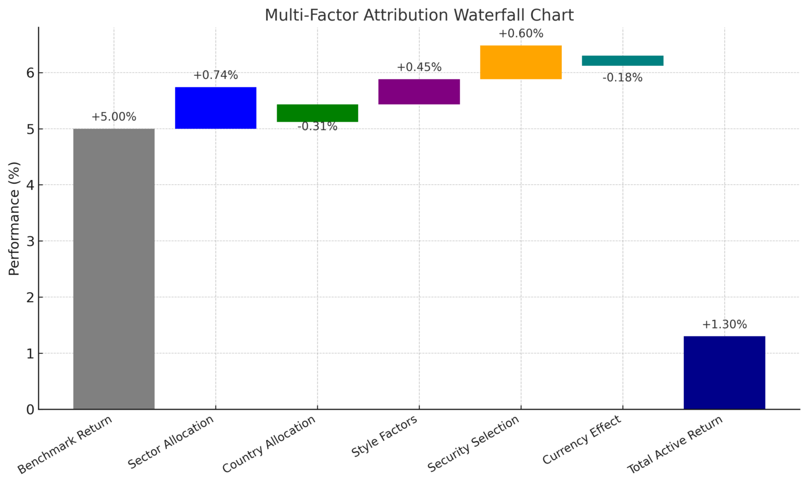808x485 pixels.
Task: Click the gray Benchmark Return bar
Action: coord(114,269)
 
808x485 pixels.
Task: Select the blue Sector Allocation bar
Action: coord(215,107)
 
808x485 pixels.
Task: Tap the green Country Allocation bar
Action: coord(317,113)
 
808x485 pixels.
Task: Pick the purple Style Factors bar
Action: coord(419,92)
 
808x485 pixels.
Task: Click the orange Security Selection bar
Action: coord(521,62)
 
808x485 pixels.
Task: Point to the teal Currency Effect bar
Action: coord(622,61)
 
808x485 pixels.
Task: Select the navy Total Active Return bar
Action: coord(724,372)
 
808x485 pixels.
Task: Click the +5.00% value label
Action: coord(114,117)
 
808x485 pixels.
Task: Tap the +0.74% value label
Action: coord(215,75)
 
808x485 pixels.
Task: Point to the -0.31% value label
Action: coord(317,127)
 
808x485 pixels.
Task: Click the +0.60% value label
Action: coord(521,34)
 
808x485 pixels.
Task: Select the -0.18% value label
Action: coord(622,78)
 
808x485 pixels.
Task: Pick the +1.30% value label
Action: coord(724,324)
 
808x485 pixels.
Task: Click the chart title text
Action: coord(419,15)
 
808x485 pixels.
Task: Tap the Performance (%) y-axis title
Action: coord(14,218)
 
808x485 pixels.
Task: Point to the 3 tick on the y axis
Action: coord(31,241)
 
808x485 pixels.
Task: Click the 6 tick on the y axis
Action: coord(31,73)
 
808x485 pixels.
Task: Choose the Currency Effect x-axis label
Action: coord(582,440)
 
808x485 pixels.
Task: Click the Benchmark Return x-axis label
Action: coord(66,444)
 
